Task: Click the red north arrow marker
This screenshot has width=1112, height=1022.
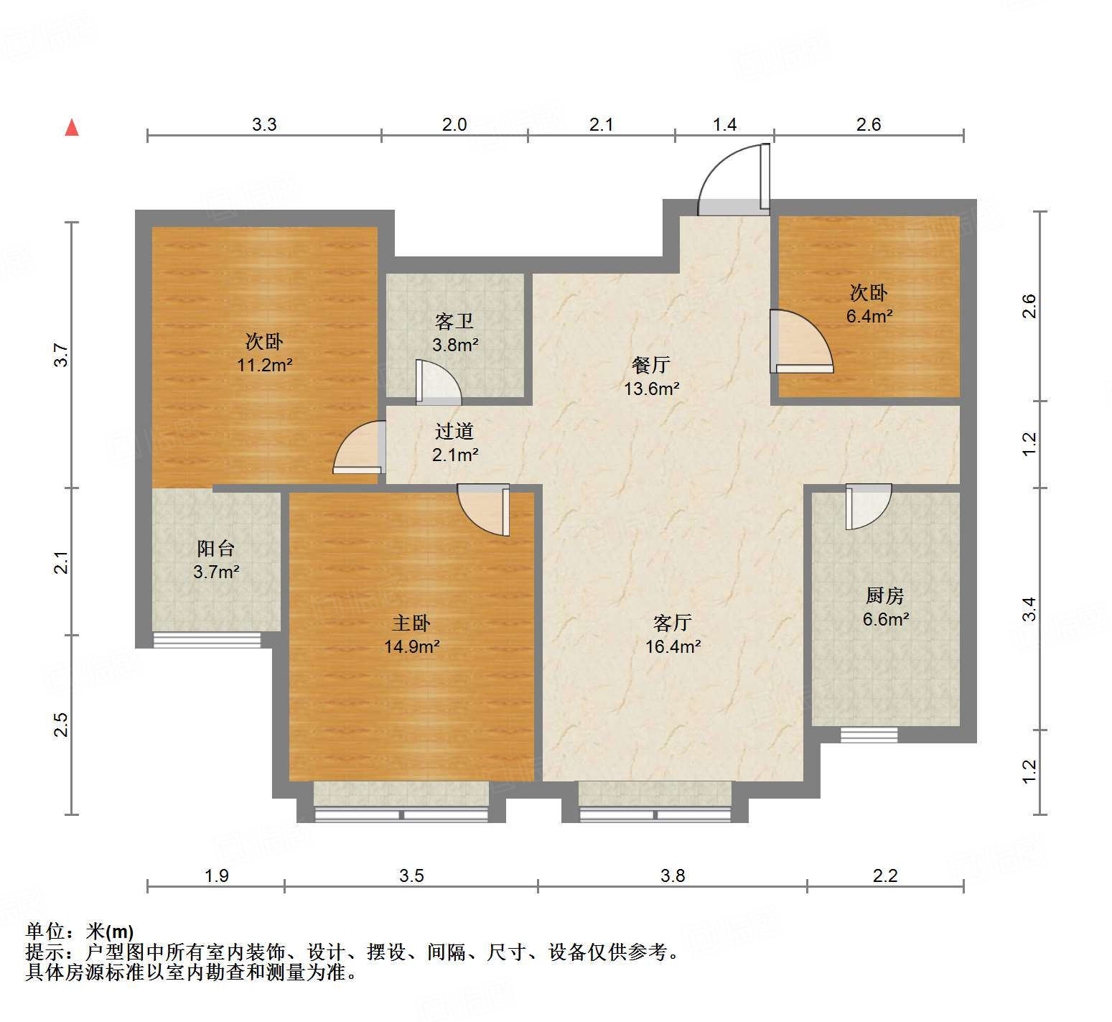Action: tap(72, 127)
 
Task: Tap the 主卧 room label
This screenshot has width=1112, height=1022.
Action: tap(411, 623)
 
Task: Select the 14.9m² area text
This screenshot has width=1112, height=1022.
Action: tap(411, 646)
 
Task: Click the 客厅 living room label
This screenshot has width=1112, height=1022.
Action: tap(673, 622)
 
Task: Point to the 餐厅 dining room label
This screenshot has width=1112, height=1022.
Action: tap(651, 365)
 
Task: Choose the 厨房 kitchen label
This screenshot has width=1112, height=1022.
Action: tap(885, 595)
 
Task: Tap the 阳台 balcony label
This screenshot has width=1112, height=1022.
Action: tap(215, 549)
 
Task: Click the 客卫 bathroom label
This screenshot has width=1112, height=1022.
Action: tap(454, 321)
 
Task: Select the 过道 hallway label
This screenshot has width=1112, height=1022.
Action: tap(454, 431)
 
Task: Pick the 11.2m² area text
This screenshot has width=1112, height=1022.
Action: tap(264, 365)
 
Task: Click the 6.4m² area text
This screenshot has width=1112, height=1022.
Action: tap(869, 316)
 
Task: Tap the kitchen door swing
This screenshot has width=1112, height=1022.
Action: tap(868, 506)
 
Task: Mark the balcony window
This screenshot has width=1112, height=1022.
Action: tap(207, 639)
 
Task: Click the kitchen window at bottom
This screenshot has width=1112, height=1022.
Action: tap(869, 735)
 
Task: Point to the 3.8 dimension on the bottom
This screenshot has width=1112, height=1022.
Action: tap(673, 875)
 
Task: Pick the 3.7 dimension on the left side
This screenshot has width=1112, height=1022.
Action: tap(62, 356)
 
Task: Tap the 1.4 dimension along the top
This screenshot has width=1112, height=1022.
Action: tap(724, 125)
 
